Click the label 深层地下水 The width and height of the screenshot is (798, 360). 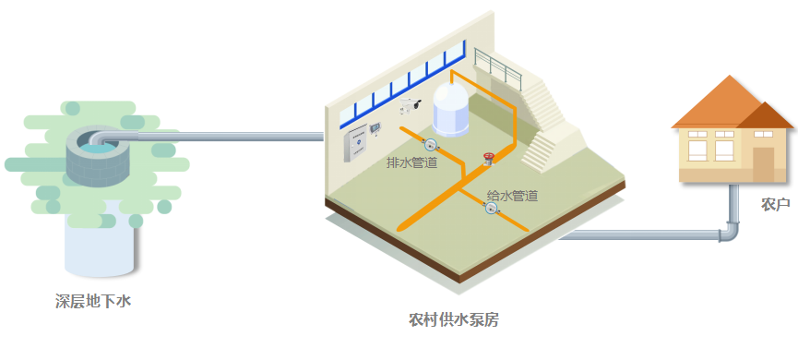[x=93, y=301]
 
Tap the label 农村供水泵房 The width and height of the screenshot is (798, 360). [x=454, y=320]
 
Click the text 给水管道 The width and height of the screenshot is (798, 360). [x=512, y=196]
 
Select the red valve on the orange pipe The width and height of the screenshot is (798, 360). [x=488, y=158]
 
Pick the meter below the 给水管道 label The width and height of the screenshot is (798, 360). [x=491, y=209]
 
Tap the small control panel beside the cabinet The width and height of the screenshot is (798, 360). [x=375, y=128]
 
